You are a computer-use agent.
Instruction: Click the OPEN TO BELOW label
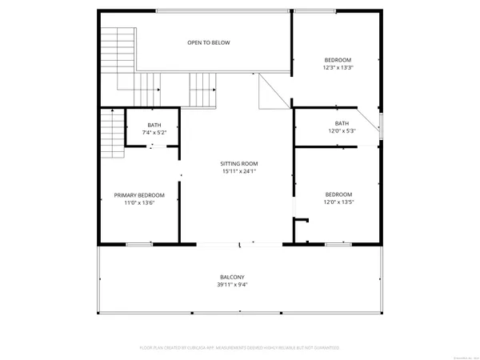209,42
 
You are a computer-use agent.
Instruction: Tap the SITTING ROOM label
239,163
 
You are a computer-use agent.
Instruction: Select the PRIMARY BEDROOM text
139,195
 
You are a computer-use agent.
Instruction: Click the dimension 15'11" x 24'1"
239,171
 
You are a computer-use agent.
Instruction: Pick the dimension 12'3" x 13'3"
337,68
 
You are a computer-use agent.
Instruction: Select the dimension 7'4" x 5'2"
154,132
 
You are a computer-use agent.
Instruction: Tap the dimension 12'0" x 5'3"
342,131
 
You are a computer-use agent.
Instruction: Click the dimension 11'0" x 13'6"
139,203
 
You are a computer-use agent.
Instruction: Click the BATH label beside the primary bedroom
154,124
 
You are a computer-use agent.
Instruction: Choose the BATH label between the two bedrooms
342,123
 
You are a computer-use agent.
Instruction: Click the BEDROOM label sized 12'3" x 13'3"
337,60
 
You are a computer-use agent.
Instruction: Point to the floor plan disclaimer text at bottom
239,348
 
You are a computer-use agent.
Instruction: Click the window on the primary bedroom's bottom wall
138,243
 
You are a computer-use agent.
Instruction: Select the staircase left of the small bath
111,134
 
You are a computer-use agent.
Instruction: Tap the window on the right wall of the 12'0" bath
381,126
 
